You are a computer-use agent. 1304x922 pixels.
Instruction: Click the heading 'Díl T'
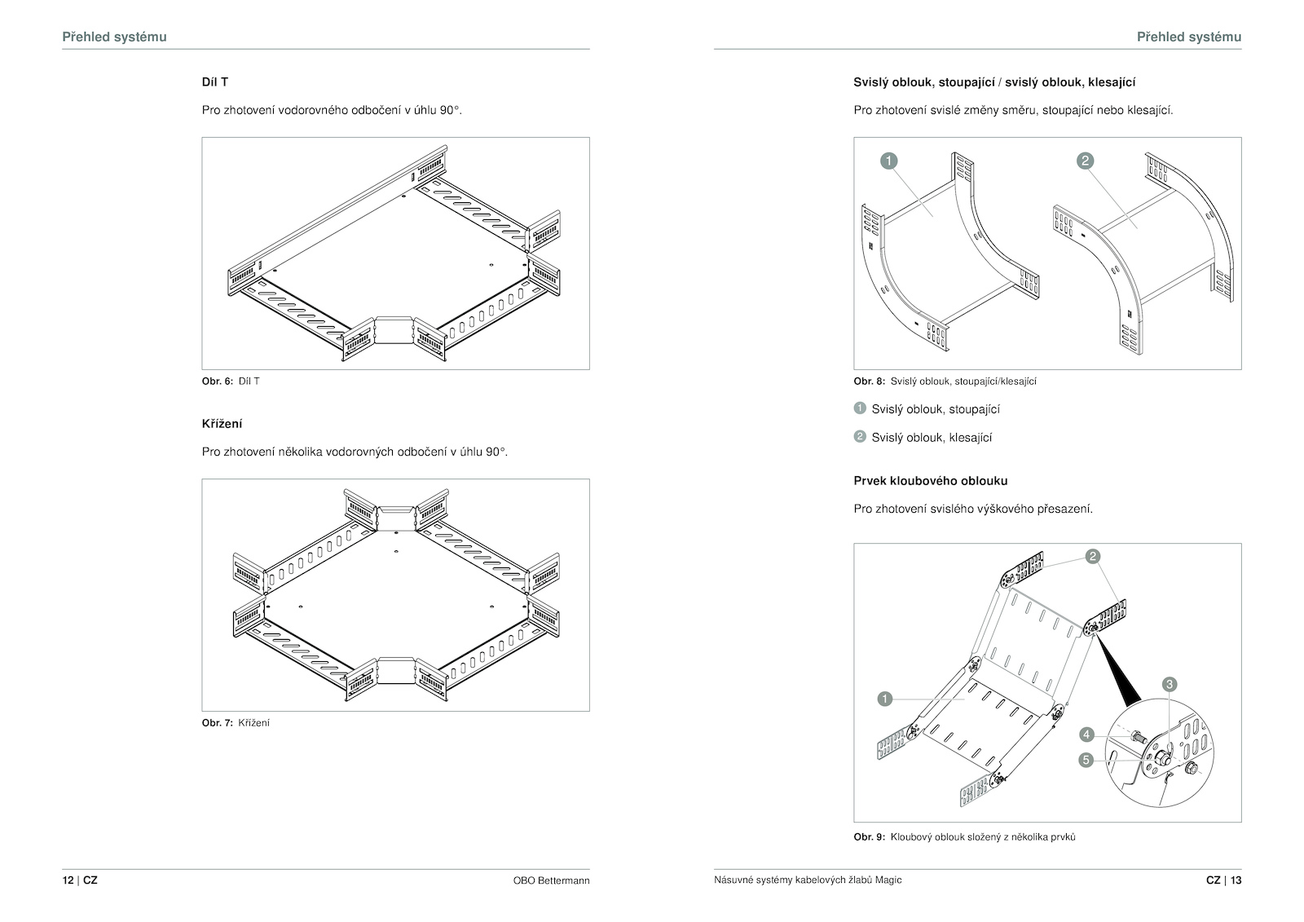click(x=214, y=82)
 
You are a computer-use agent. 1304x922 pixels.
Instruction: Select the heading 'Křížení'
click(x=222, y=424)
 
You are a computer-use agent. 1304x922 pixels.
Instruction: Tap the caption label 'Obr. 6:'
click(x=218, y=382)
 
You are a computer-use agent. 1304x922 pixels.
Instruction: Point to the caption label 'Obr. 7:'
click(x=218, y=723)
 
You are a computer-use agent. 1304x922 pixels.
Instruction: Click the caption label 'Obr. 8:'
click(x=869, y=382)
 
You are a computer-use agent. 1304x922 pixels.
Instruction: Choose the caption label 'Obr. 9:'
click(x=869, y=837)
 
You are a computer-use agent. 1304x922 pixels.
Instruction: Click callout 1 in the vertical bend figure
click(x=889, y=161)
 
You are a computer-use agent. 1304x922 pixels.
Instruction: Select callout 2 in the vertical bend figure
click(x=1085, y=161)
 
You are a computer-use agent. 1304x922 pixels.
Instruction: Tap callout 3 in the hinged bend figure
click(x=1170, y=684)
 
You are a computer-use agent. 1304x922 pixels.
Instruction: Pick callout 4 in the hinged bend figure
click(x=1086, y=735)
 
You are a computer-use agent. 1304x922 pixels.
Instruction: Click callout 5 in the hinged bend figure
click(x=1086, y=760)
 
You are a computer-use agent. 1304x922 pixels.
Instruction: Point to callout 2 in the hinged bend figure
click(x=1092, y=557)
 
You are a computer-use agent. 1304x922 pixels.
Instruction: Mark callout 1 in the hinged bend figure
click(x=885, y=699)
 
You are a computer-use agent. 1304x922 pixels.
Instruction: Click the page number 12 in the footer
click(x=68, y=880)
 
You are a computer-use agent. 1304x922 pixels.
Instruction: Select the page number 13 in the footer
click(x=1236, y=880)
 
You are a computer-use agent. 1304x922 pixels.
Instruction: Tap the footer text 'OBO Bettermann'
click(x=551, y=880)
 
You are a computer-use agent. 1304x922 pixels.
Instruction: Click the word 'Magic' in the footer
click(x=888, y=880)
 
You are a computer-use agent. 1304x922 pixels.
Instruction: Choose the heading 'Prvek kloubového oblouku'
click(x=930, y=481)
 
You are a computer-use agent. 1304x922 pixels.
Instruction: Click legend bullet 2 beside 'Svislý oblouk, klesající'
click(x=860, y=436)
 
